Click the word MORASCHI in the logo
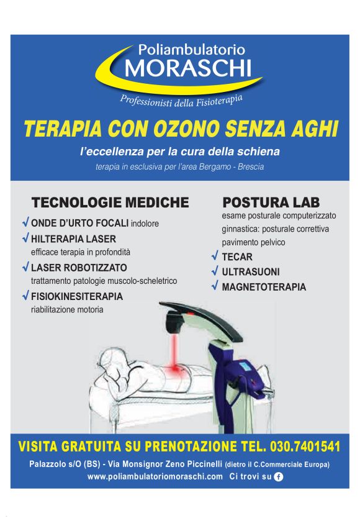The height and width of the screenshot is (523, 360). click(x=188, y=68)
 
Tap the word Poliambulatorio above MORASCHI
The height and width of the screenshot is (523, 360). click(x=192, y=50)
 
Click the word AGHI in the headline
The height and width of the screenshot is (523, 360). click(x=315, y=129)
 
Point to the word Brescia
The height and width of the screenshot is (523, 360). click(x=251, y=166)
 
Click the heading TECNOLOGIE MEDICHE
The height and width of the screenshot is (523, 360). click(x=110, y=202)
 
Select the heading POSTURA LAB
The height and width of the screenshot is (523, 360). click(x=271, y=202)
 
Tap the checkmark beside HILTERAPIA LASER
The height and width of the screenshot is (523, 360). click(x=25, y=238)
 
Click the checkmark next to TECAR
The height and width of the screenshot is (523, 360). click(x=215, y=256)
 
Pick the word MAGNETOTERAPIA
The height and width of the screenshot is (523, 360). click(x=264, y=287)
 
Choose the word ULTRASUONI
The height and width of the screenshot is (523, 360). click(x=251, y=272)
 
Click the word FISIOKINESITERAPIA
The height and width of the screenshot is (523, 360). click(x=77, y=296)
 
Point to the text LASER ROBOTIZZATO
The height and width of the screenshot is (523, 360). click(x=79, y=268)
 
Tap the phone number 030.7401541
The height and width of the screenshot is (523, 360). click(x=305, y=446)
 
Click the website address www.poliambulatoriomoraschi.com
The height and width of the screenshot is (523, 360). click(x=155, y=476)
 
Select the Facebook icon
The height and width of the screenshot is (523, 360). click(x=278, y=476)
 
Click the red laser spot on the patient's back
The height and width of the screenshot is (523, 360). click(x=174, y=369)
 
